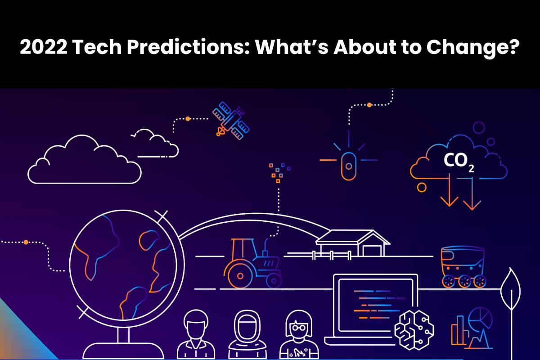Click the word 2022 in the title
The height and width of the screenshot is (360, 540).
coord(44,47)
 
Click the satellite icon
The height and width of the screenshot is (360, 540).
coord(231,121)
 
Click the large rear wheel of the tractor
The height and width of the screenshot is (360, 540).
coord(240,276)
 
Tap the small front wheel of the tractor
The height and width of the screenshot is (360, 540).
coord(274,281)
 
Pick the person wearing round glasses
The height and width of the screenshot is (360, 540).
coord(299,335)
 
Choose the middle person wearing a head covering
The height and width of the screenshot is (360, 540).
coord(247,335)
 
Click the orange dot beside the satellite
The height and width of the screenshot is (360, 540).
coord(188,119)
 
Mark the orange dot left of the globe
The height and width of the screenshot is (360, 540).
coord(26,242)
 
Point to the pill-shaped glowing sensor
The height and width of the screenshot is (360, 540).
coord(349,166)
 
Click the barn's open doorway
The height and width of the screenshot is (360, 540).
coord(372,251)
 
